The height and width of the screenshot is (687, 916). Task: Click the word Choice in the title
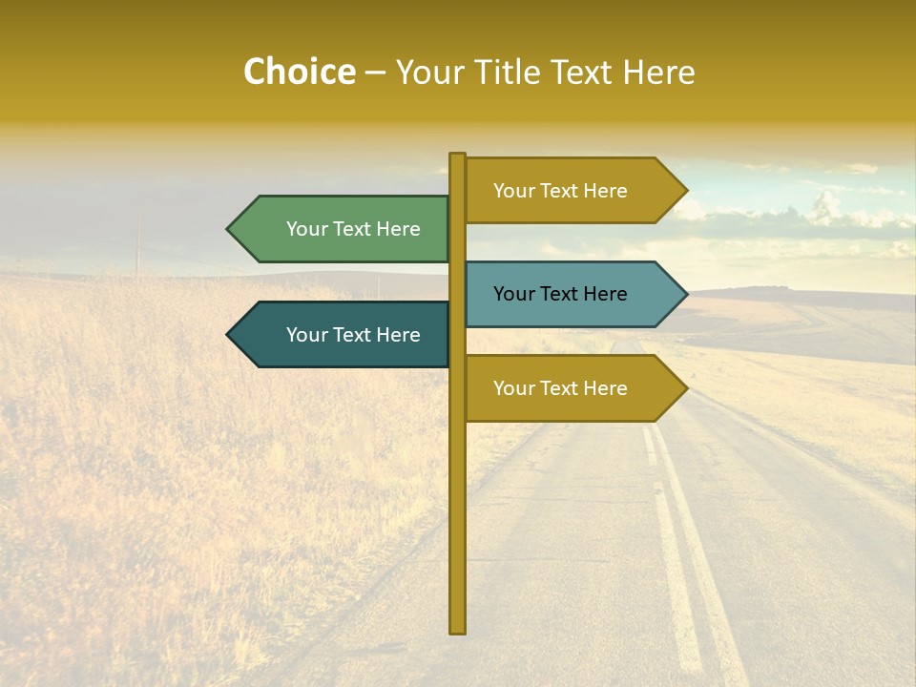coord(299,73)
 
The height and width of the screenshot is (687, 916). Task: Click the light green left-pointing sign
coord(353,229)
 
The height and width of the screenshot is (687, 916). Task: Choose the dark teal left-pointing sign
coord(353,335)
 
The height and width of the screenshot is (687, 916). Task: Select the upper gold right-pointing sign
coord(563,191)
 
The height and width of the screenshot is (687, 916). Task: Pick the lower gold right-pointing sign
coord(563,388)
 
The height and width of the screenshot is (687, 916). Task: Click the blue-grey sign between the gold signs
coord(563,294)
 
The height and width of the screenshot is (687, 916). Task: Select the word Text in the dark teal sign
coord(353,335)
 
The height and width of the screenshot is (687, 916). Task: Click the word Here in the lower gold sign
coord(605,388)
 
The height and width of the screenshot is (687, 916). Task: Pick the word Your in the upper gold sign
coord(513,191)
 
